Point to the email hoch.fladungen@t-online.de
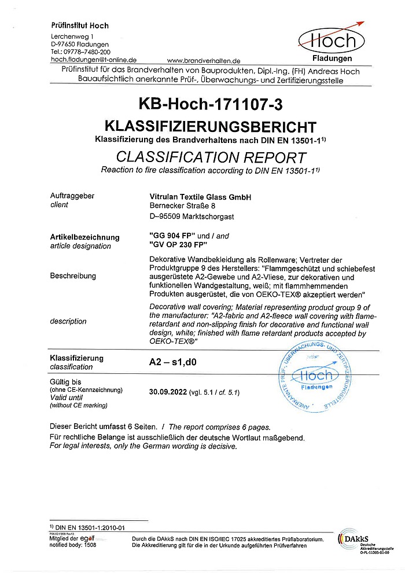pos(94,60)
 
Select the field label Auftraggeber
pos(72,196)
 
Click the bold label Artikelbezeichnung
pos(85,237)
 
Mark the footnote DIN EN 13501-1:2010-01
pos(90,527)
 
